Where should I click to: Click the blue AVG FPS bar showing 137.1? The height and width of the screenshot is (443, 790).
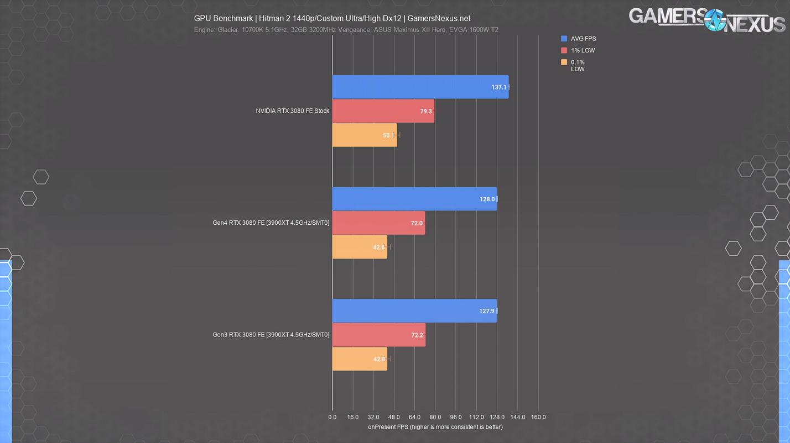click(420, 87)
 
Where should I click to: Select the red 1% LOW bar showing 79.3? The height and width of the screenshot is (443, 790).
click(383, 111)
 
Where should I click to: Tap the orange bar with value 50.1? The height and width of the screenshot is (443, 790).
click(364, 135)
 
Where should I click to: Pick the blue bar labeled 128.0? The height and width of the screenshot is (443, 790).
click(414, 199)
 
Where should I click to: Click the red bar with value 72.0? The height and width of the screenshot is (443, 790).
click(378, 223)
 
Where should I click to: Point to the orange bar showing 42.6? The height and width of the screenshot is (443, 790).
click(360, 247)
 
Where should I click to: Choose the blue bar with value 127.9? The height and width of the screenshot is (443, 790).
click(414, 311)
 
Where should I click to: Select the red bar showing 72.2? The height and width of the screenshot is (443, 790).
click(378, 335)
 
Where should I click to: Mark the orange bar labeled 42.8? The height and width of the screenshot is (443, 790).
click(360, 359)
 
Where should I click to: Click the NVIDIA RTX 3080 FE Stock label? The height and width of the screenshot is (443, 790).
click(292, 111)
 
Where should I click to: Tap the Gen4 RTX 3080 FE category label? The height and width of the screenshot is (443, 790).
click(271, 223)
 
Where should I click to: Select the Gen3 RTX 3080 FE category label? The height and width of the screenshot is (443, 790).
click(271, 335)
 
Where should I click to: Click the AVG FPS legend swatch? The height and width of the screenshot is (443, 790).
click(564, 39)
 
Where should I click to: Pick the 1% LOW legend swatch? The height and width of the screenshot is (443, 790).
click(564, 50)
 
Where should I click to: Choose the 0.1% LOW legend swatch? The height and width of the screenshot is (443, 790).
click(564, 62)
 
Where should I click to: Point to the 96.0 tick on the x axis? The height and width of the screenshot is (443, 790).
click(455, 417)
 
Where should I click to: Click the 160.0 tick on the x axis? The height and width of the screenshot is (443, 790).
click(538, 417)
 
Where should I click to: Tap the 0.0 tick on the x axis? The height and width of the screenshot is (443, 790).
click(332, 417)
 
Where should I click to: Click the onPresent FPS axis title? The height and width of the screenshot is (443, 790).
click(435, 427)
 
